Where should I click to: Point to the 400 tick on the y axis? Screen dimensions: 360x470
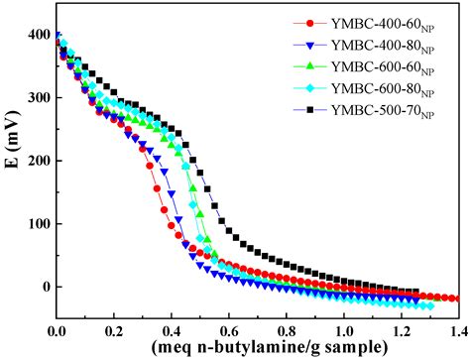point(39,35)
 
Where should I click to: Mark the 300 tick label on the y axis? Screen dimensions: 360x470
point(39,98)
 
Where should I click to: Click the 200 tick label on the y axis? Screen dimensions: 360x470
point(39,161)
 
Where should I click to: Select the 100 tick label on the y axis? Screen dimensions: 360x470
point(39,224)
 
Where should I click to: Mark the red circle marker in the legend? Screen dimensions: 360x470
point(311,22)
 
